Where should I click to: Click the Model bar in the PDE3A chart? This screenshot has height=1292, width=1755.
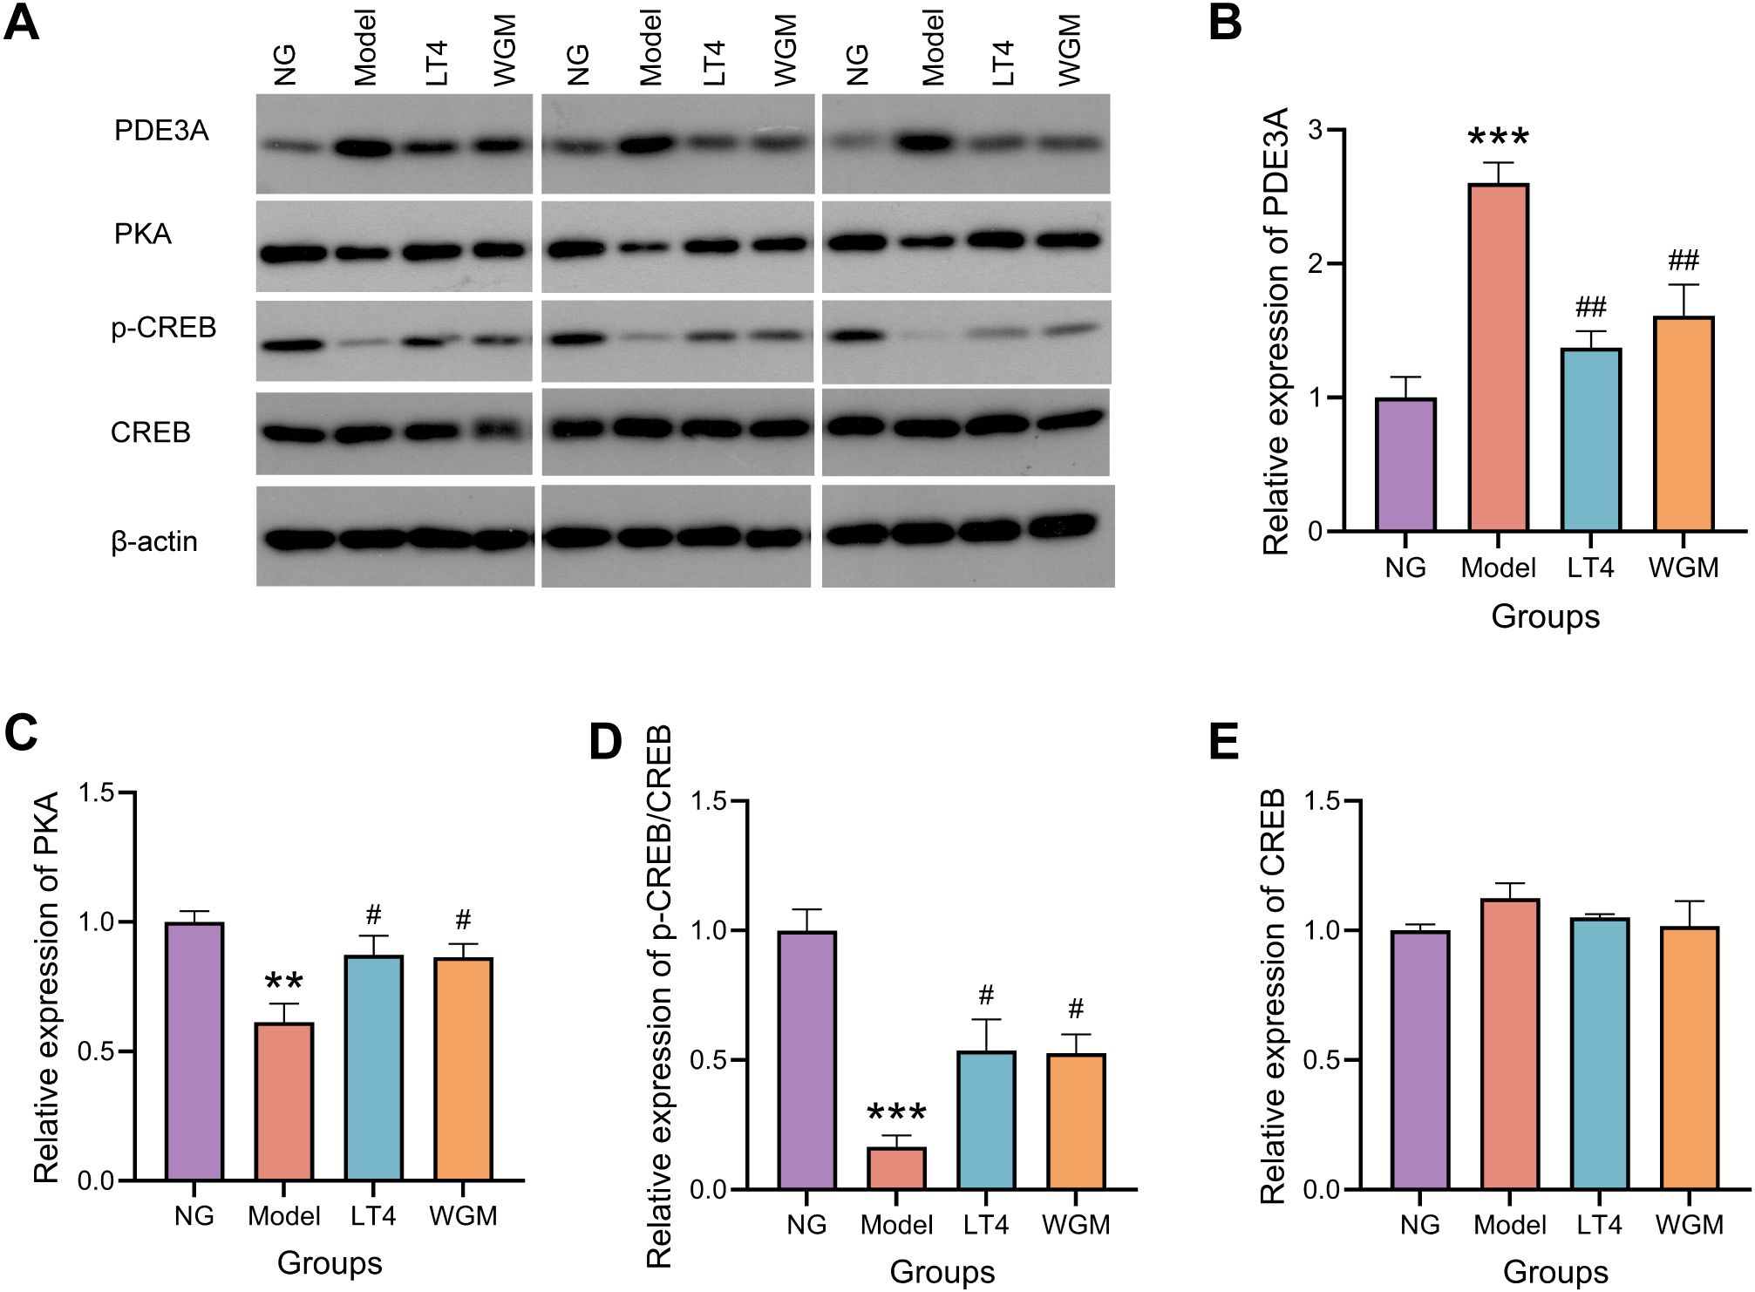point(1498,357)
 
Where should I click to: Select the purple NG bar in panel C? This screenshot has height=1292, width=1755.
point(194,1051)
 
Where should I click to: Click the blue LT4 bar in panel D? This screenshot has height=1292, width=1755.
point(986,1120)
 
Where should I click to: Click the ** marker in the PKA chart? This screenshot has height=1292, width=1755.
point(283,983)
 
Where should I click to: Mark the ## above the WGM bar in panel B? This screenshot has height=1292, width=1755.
point(1684,260)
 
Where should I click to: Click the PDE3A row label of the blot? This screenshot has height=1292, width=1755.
point(161,131)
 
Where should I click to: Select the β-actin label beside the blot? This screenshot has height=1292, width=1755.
point(154,541)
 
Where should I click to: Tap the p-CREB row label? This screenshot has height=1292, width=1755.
point(163,328)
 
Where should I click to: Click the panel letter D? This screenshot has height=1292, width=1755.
point(606,742)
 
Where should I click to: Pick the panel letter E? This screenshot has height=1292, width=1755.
point(1224,742)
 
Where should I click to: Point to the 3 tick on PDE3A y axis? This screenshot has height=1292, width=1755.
point(1315,130)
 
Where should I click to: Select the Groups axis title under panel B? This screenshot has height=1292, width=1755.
point(1545,616)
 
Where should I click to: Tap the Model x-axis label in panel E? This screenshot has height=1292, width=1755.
point(1510,1225)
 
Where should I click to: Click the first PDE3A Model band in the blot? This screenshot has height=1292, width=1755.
point(364,148)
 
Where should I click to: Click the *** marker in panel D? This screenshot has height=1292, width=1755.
point(896,1113)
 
